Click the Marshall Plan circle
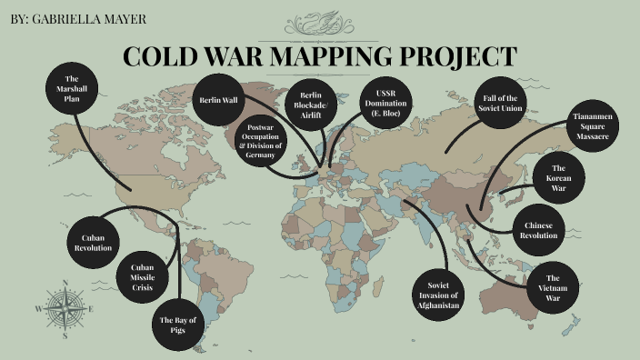click(x=73, y=90)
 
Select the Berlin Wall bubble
click(x=219, y=100)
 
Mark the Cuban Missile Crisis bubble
click(x=143, y=276)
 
